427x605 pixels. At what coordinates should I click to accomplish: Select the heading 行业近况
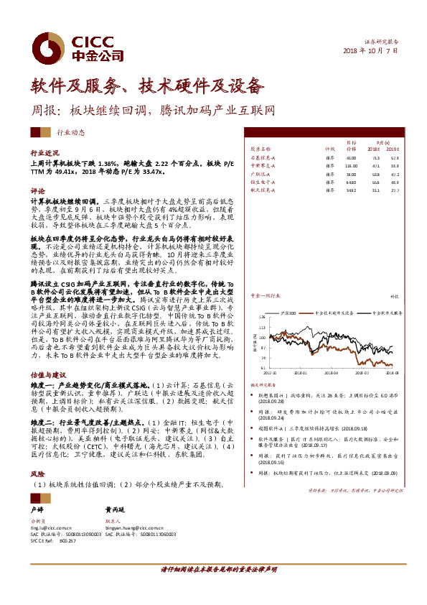43,154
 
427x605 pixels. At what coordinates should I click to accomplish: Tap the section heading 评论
37,192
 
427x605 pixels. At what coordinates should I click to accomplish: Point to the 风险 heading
37,474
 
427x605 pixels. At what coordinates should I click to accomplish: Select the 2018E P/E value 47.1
375,165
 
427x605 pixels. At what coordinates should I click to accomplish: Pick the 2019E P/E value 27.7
394,190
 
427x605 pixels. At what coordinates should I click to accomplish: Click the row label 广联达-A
260,173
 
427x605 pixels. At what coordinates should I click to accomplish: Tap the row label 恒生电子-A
262,182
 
